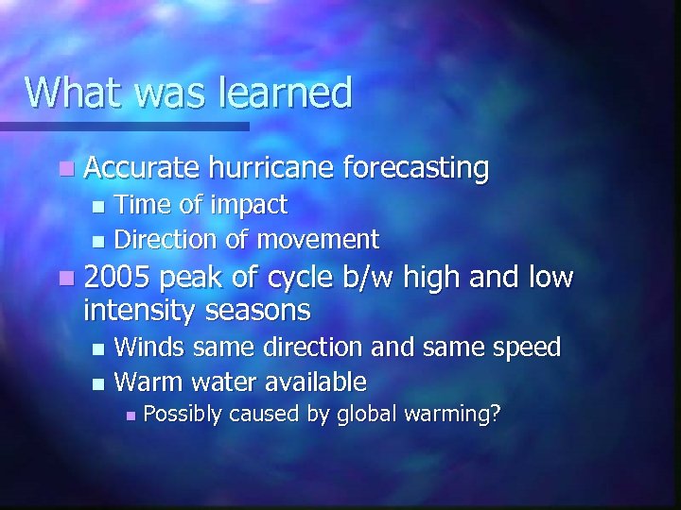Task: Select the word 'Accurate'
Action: [142, 169]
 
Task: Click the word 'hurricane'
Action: [271, 169]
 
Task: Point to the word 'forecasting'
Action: [416, 169]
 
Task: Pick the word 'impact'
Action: [250, 205]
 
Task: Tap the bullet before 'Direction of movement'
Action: [95, 240]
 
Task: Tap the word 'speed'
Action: [526, 348]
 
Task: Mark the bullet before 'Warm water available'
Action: [95, 382]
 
